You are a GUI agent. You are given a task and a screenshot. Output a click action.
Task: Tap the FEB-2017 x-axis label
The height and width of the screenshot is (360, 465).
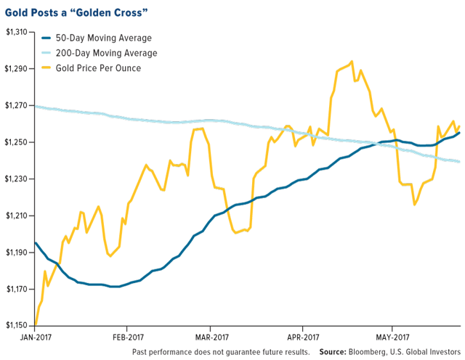click(130, 337)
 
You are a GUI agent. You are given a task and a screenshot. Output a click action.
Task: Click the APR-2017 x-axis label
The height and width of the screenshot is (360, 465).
click(304, 337)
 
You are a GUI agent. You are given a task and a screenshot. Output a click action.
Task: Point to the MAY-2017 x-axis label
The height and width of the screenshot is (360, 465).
click(390, 337)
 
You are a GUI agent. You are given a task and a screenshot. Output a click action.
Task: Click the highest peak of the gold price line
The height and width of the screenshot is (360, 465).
click(352, 62)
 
